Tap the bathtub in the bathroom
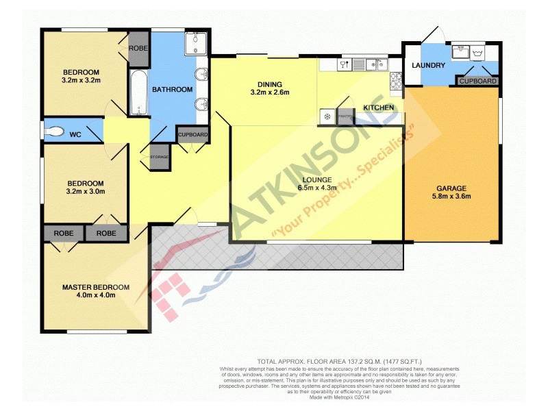(138, 92)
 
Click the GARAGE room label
(453, 188)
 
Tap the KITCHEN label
(378, 108)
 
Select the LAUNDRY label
(429, 66)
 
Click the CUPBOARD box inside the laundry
(477, 81)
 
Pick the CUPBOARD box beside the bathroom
(192, 135)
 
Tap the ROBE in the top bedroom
(138, 49)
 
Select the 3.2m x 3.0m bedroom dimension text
(86, 192)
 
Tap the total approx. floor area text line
(339, 361)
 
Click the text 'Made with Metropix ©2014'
(339, 397)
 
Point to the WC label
(75, 135)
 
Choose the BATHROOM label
(172, 90)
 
